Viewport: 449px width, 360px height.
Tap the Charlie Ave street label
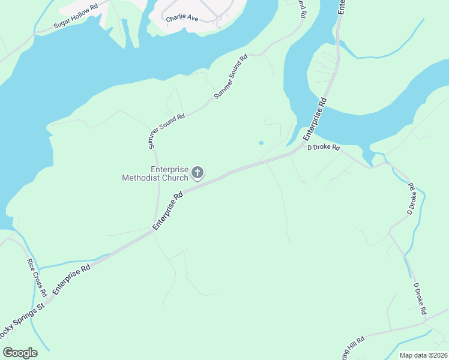tap(182, 18)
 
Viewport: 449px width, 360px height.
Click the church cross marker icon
tap(197, 174)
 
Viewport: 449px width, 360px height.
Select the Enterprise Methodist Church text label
tap(155, 174)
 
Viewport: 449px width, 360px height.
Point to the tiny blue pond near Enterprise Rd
tap(261, 143)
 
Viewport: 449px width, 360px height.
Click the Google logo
tap(20, 353)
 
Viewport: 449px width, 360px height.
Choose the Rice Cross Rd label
tap(37, 278)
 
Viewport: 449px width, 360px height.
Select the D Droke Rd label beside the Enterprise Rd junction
tap(324, 148)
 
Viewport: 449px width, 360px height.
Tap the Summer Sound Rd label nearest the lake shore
tap(231, 77)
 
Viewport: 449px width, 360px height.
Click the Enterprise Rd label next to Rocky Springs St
tap(71, 278)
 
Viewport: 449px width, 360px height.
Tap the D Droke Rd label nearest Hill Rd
tap(420, 299)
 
